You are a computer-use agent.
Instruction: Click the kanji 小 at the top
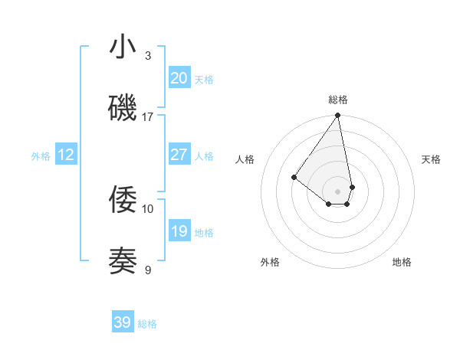[123, 47]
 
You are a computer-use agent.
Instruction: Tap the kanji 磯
[123, 108]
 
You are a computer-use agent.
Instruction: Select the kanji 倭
[123, 200]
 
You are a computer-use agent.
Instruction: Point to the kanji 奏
[123, 261]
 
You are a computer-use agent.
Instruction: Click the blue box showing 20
[179, 78]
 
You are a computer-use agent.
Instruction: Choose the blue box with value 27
[179, 155]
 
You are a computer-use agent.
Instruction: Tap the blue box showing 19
[179, 231]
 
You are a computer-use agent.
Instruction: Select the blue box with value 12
[66, 155]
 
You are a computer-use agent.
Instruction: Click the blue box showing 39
[123, 322]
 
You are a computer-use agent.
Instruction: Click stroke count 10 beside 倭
[148, 208]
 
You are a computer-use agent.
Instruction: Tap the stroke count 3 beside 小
[148, 55]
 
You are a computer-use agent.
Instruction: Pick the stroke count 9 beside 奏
[148, 270]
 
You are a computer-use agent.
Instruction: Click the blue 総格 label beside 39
[147, 324]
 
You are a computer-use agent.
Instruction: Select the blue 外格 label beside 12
[41, 156]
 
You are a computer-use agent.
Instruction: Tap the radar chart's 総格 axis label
[338, 100]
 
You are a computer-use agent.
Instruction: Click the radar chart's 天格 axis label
[431, 159]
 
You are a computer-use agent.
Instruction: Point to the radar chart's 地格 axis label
[402, 262]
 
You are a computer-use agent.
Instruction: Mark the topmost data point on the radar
[337, 116]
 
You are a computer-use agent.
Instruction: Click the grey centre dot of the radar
[337, 191]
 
